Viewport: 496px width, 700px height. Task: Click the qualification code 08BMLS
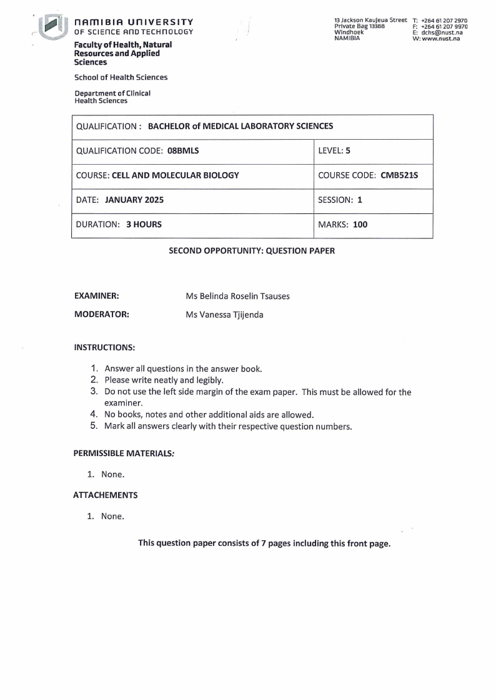[183, 151]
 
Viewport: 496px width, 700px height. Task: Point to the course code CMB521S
[399, 175]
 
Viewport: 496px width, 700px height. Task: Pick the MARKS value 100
[360, 225]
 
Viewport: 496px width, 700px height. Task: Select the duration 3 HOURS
[144, 225]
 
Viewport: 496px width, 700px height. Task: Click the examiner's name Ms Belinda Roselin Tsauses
[237, 296]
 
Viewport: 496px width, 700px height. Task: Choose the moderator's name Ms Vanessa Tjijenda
[224, 314]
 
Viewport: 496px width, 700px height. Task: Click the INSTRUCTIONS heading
[104, 347]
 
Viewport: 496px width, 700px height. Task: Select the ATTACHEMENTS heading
[106, 495]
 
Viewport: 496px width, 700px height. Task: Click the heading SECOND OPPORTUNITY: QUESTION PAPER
[252, 251]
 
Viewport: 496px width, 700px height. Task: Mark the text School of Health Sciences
[121, 77]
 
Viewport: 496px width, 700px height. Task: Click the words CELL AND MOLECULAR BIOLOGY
[175, 175]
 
